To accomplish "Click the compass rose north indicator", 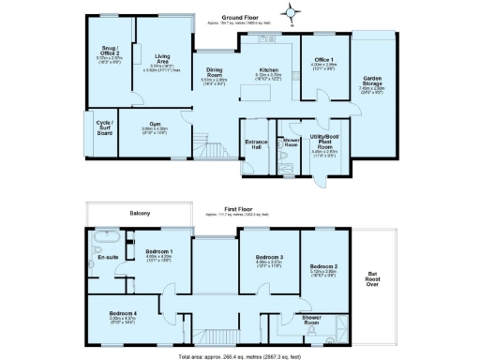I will coord(292,12).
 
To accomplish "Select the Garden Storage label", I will coord(373,85).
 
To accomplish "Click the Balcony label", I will coord(139,215).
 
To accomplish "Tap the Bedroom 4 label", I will coord(123,314).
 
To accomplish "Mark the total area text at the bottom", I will coord(240,355).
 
